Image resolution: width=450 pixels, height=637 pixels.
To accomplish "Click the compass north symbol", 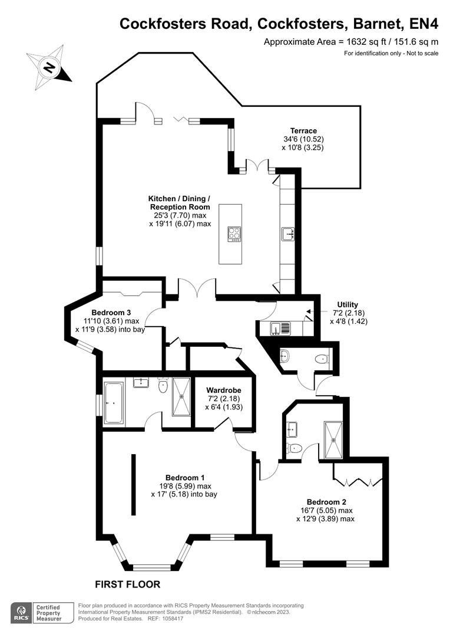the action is pyautogui.click(x=49, y=67).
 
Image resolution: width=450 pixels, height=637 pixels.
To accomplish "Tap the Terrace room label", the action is pyautogui.click(x=303, y=131).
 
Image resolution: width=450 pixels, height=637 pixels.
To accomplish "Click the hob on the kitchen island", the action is pyautogui.click(x=234, y=234).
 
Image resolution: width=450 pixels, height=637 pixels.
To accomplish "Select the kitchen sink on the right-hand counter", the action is pyautogui.click(x=288, y=234).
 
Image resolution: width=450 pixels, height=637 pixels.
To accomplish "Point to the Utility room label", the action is pyautogui.click(x=348, y=305).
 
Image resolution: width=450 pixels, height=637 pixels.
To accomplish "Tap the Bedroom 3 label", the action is pyautogui.click(x=111, y=313).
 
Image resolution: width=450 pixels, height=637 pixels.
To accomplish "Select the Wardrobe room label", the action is pyautogui.click(x=224, y=390).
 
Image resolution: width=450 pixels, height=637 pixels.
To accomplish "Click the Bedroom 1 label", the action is pyautogui.click(x=184, y=478).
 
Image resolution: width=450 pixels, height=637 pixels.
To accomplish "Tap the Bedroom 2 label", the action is pyautogui.click(x=326, y=502).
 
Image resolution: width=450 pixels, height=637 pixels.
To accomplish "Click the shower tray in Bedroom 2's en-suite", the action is pyautogui.click(x=333, y=439).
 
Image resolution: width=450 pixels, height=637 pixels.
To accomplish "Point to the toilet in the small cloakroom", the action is pyautogui.click(x=322, y=359).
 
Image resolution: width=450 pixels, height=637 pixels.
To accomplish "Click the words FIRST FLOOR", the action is pyautogui.click(x=127, y=585).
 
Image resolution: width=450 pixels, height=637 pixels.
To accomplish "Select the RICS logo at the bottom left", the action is pyautogui.click(x=22, y=613).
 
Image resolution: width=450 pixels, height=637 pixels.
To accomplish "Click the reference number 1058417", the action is pyautogui.click(x=172, y=619).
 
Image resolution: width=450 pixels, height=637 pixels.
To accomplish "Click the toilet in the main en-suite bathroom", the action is pyautogui.click(x=163, y=385).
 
